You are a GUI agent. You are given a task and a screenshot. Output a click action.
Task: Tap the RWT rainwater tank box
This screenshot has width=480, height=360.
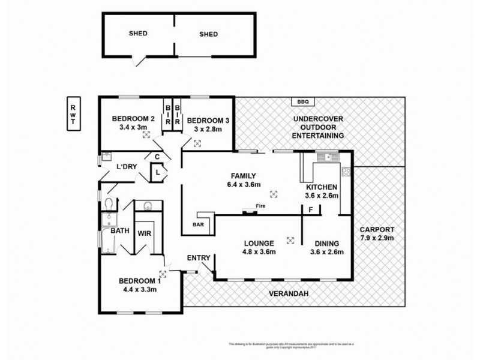[73, 113]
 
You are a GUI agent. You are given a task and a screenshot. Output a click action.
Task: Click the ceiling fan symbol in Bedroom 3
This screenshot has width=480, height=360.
[197, 142]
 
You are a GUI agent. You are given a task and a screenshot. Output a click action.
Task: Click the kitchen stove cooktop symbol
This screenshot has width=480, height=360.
[347, 172]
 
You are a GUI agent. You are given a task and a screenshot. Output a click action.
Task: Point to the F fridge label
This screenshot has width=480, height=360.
[310, 210]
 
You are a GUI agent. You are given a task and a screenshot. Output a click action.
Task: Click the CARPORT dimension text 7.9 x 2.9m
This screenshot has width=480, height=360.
[377, 238]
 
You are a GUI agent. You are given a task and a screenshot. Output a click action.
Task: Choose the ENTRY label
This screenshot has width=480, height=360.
[198, 258]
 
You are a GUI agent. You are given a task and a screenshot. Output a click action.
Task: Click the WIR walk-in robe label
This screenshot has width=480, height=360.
[145, 233]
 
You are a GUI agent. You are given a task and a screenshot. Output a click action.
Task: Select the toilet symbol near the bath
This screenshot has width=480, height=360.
[109, 203]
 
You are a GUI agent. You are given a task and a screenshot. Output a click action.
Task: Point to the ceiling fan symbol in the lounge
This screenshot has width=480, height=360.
[291, 239]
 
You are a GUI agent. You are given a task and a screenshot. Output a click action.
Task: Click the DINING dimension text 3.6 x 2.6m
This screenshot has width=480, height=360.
[328, 252]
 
